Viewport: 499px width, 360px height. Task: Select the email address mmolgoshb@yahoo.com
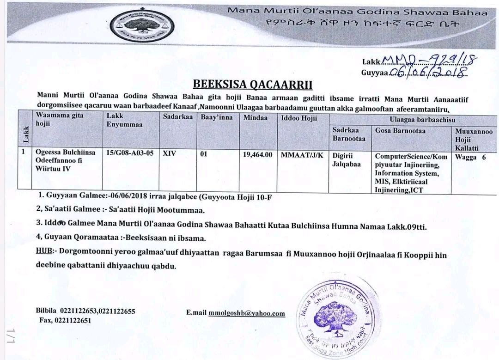pyautogui.click(x=247, y=313)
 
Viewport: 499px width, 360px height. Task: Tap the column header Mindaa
pyautogui.click(x=255, y=118)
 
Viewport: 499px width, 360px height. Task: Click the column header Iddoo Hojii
pyautogui.click(x=299, y=118)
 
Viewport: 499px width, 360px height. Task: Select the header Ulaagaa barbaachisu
pyautogui.click(x=412, y=118)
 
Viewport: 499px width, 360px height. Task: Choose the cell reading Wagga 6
pyautogui.click(x=470, y=157)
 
